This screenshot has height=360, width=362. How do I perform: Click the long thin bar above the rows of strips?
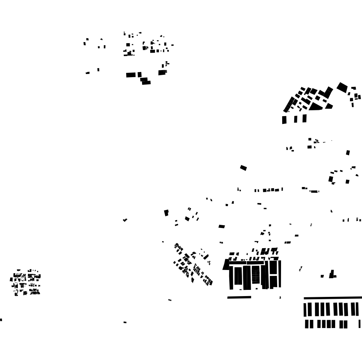point(333,298)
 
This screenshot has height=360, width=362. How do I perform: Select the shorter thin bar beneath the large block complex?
point(239,297)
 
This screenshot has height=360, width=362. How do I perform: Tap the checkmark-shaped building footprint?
point(125,220)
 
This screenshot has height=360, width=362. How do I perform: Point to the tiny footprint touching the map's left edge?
point(1,320)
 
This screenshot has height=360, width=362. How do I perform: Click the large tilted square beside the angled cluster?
point(342,87)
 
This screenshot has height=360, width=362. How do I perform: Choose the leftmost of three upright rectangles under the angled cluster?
point(284,120)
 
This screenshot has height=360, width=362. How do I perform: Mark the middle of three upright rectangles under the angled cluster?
point(296,119)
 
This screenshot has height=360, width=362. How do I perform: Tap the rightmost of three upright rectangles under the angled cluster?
point(304,118)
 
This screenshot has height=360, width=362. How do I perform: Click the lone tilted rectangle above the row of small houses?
point(243,168)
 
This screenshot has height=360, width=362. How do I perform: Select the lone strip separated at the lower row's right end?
point(359,324)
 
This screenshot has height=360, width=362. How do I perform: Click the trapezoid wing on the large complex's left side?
point(226,265)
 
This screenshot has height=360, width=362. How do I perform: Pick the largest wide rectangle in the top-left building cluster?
point(131,75)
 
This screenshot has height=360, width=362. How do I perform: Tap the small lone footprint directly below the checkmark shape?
point(125,322)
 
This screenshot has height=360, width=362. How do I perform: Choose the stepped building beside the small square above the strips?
point(332,275)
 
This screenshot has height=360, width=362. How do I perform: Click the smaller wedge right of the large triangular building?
point(329,106)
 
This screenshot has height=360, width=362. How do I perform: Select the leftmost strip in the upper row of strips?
point(305,309)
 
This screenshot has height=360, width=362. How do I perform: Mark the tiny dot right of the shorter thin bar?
point(280,298)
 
